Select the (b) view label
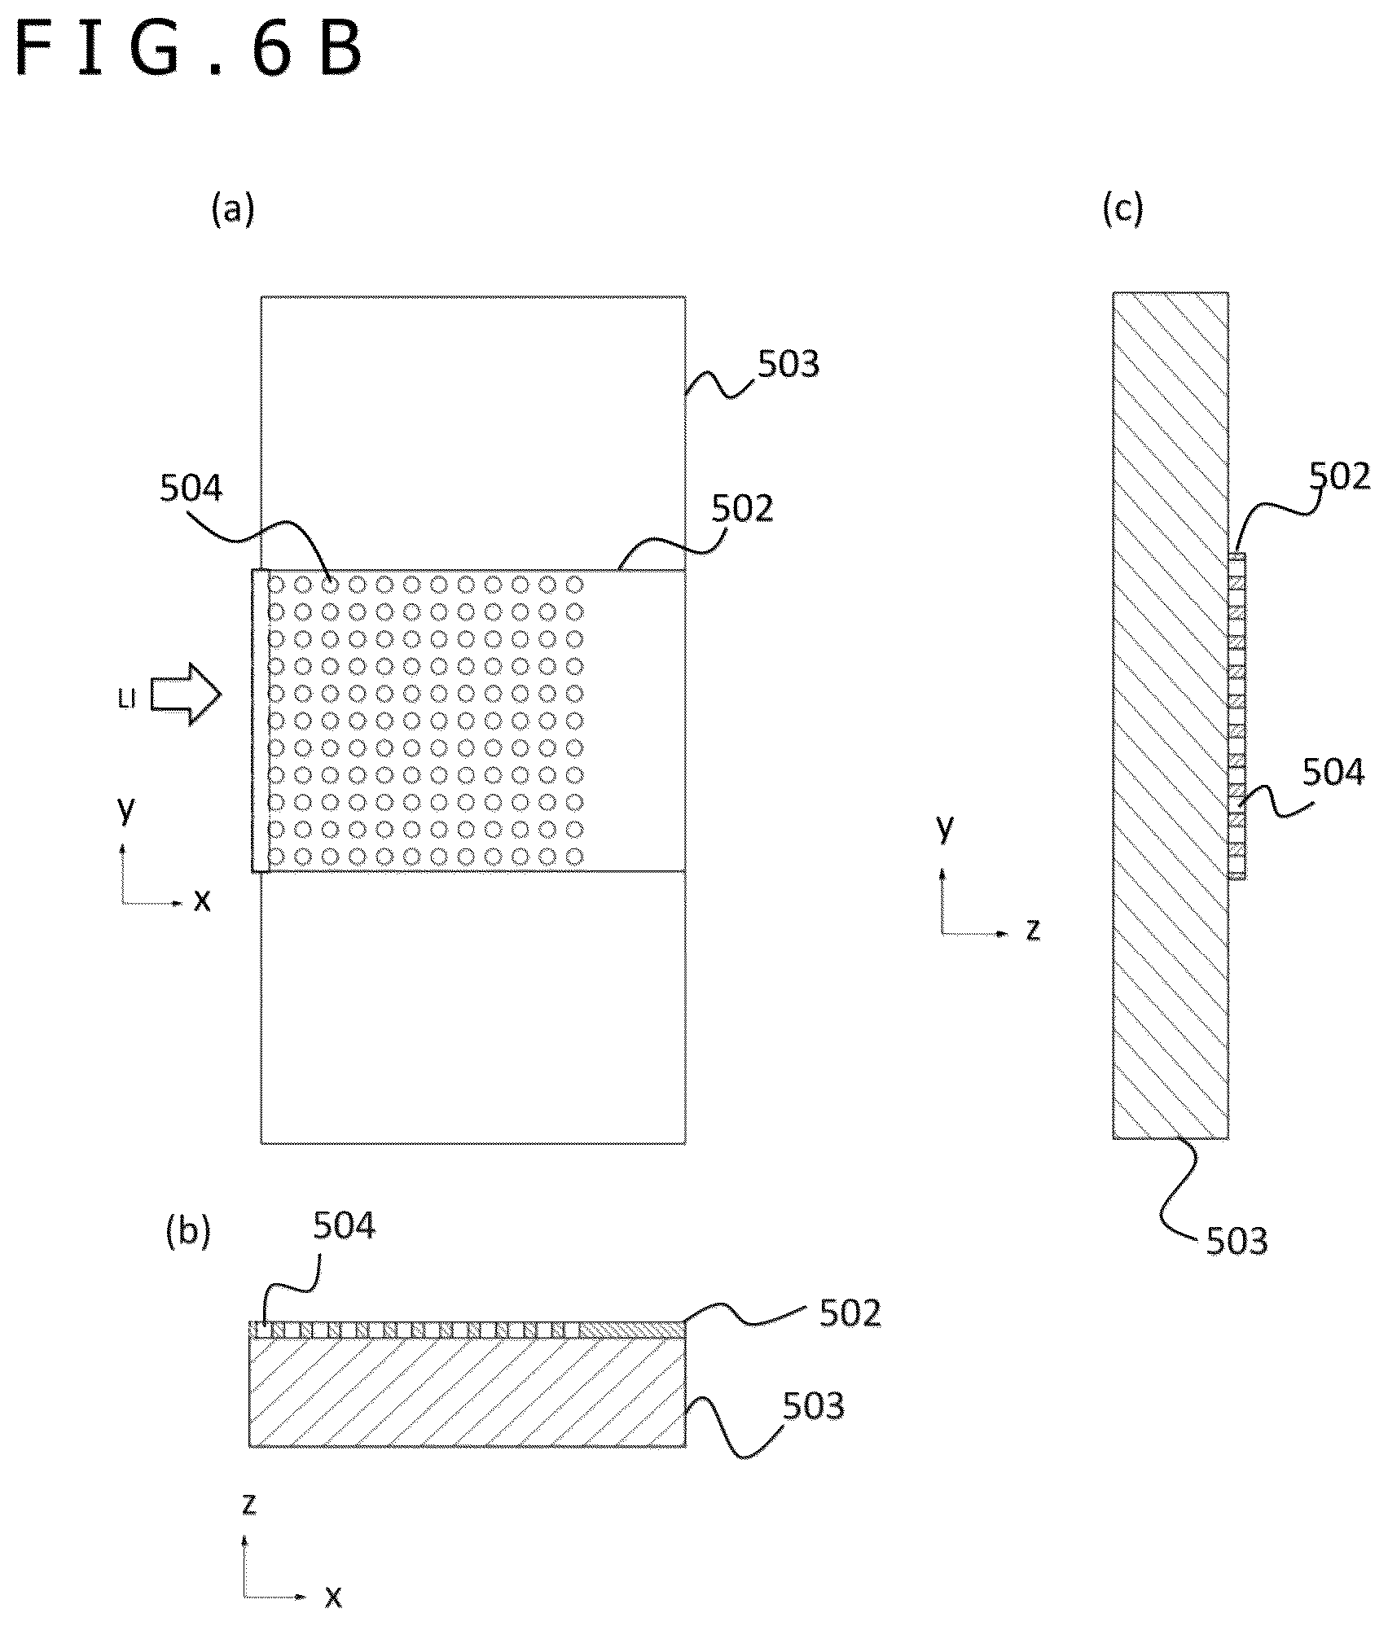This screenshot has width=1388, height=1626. coord(188,1232)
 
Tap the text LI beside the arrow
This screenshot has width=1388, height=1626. coord(126,700)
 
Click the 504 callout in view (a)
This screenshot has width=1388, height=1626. coord(191,489)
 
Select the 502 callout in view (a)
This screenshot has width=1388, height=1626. coord(742,508)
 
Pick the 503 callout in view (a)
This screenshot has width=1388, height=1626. coord(788,364)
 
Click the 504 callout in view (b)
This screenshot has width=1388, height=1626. coord(345,1225)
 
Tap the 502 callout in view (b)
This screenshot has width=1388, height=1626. coord(850,1313)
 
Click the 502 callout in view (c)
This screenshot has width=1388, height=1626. coord(1340,476)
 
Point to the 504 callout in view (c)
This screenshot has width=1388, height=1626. coord(1333,772)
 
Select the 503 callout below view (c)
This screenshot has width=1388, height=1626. coord(1237,1241)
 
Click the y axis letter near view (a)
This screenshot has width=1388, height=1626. coord(125,809)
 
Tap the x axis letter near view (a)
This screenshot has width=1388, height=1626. coord(201,901)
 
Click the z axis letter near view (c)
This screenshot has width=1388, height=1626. coord(1033,929)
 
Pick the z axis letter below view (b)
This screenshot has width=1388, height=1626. coord(249,1505)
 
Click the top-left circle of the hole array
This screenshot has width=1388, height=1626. coord(276,584)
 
